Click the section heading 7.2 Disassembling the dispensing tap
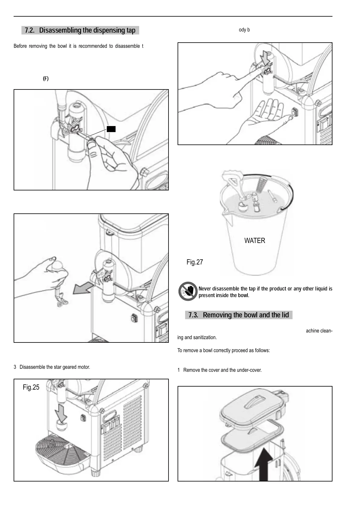click(80, 30)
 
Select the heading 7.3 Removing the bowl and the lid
click(239, 315)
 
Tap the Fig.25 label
click(31, 387)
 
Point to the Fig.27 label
click(195, 262)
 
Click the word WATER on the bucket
click(255, 241)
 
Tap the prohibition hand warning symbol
click(188, 291)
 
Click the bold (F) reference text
click(46, 79)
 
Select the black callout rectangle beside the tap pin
click(111, 129)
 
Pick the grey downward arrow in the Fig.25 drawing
click(61, 413)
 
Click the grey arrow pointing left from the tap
click(83, 289)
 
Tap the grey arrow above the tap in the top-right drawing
click(266, 58)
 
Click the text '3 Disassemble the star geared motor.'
click(52, 367)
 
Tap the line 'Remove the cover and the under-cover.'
click(222, 370)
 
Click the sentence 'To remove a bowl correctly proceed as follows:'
click(224, 350)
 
